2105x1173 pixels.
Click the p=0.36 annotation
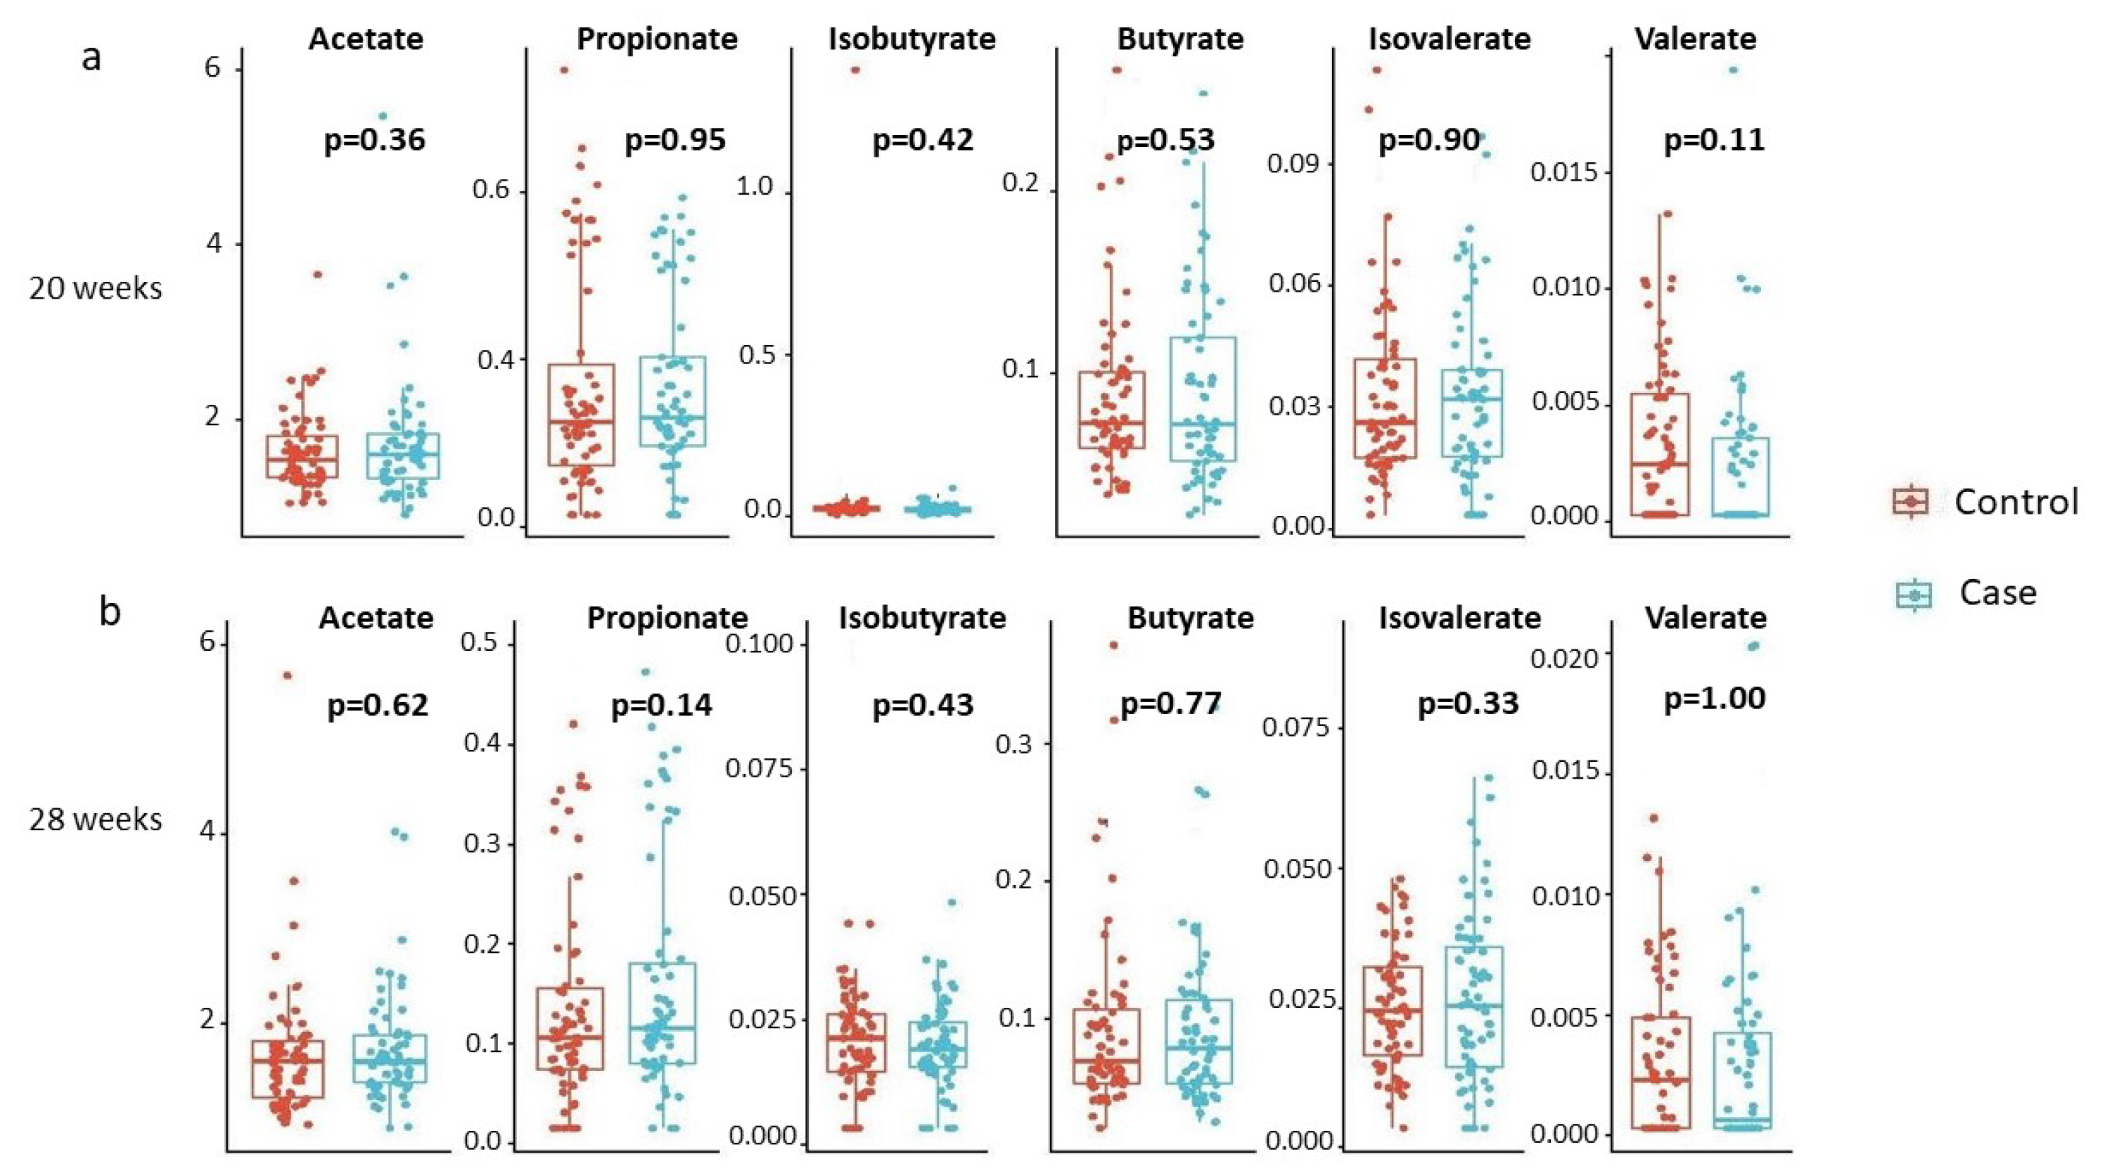pyautogui.click(x=375, y=140)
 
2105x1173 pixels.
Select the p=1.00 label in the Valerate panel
pyautogui.click(x=1715, y=699)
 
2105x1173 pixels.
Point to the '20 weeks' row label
pyautogui.click(x=96, y=288)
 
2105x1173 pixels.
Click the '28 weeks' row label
pyautogui.click(x=96, y=819)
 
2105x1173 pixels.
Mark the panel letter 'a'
pyautogui.click(x=91, y=58)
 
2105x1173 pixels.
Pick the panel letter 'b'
pyautogui.click(x=110, y=611)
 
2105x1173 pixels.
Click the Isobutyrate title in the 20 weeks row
pyautogui.click(x=912, y=39)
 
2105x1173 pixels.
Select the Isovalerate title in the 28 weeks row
pyautogui.click(x=1459, y=618)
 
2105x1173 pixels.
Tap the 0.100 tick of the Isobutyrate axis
pyautogui.click(x=760, y=644)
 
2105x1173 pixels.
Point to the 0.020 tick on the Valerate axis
pyautogui.click(x=1563, y=656)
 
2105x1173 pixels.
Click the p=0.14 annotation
pyautogui.click(x=661, y=705)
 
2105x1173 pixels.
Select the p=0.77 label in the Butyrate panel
pyautogui.click(x=1170, y=704)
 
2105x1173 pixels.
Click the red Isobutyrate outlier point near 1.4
pyautogui.click(x=855, y=70)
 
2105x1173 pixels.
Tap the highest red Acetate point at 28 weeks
pyautogui.click(x=288, y=675)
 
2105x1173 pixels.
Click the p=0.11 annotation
pyautogui.click(x=1715, y=140)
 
